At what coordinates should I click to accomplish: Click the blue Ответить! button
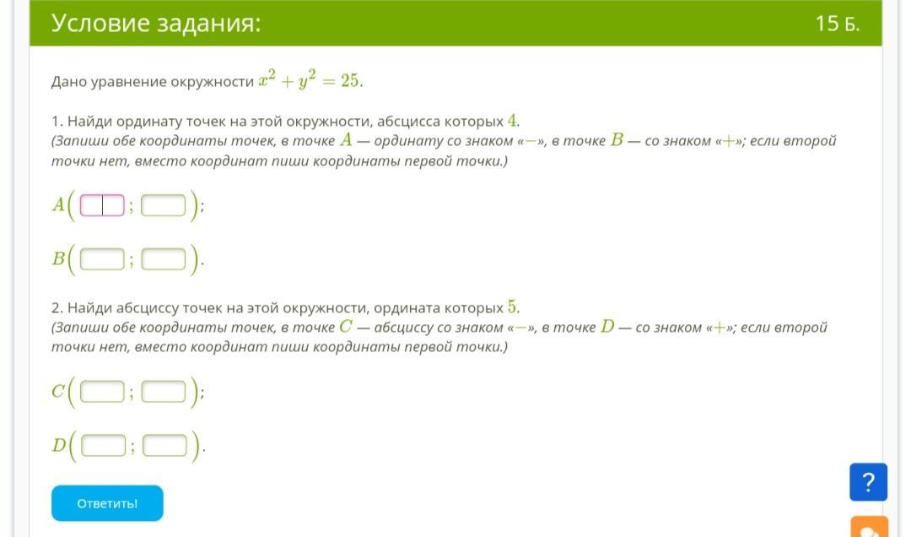[107, 503]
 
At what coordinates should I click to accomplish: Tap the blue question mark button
[868, 482]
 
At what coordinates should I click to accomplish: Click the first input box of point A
[102, 205]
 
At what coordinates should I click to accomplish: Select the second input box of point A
[164, 205]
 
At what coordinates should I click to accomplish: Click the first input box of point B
[102, 259]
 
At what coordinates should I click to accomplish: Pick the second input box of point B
[164, 259]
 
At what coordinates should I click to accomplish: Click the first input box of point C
[102, 392]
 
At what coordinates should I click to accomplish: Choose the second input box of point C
[164, 392]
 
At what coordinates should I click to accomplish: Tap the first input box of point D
[104, 446]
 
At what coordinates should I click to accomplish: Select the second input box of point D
[165, 446]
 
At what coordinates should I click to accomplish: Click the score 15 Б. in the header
[838, 24]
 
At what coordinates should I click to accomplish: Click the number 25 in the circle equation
[350, 81]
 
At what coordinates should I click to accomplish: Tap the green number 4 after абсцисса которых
[512, 121]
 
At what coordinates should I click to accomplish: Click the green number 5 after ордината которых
[512, 306]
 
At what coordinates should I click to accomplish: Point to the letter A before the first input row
[58, 205]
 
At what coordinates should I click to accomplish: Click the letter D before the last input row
[59, 445]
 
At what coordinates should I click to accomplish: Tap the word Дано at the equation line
[68, 81]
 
